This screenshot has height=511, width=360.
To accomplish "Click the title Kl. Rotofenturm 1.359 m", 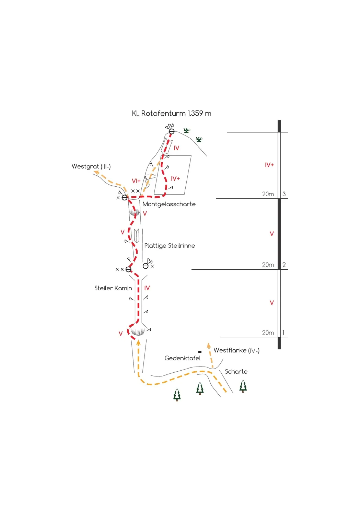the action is (x=171, y=113).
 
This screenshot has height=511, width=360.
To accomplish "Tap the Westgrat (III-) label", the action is (x=91, y=166).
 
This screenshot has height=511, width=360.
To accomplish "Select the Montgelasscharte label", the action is (x=169, y=204).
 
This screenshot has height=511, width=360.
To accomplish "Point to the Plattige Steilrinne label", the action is (x=170, y=246).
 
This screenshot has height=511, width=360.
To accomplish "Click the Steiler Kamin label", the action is (x=113, y=288).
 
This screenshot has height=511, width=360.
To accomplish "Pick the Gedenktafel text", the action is (x=183, y=358).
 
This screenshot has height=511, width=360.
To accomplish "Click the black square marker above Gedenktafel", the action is (x=200, y=352).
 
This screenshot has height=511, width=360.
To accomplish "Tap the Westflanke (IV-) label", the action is (x=236, y=350).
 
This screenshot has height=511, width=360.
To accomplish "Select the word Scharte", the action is (x=236, y=372).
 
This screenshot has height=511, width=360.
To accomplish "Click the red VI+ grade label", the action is (x=136, y=181).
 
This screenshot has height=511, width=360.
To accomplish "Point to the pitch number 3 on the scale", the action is (x=284, y=194).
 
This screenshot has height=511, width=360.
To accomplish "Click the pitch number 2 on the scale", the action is (x=284, y=265).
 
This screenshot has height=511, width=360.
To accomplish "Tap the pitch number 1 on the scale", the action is (x=283, y=333).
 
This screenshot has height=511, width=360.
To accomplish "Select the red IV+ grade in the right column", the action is (x=269, y=165).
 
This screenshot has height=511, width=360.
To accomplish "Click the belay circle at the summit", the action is (x=172, y=131).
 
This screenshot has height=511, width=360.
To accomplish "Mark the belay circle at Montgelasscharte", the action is (x=125, y=198).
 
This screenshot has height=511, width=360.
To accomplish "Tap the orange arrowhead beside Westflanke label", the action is (x=209, y=345).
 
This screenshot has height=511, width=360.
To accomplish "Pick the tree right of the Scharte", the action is (x=243, y=386).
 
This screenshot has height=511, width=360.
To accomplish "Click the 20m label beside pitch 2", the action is (x=268, y=265).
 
